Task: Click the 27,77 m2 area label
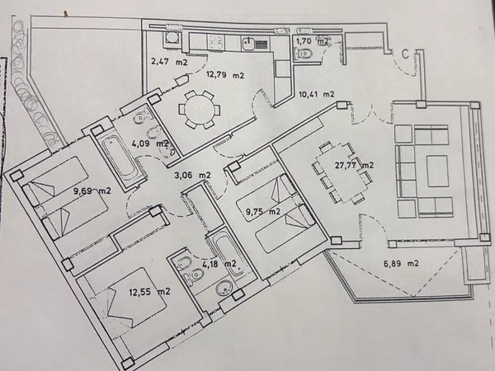coord(354,166)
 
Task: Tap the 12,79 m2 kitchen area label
coord(225,75)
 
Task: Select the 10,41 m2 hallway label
coord(316,94)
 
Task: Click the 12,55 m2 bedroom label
coord(149,291)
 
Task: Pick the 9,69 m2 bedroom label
coord(92,190)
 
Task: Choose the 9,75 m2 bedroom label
coord(263,212)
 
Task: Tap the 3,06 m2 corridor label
coord(192,175)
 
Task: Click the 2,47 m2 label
coord(169,62)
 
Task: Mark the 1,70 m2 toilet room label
coord(312,41)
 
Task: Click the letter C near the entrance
coord(405,54)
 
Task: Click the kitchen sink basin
coord(249,44)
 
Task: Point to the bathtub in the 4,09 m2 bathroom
coord(119,157)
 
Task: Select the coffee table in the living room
coord(437,171)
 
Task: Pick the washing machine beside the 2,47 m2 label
coord(172,39)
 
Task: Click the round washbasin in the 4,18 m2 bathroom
coord(224,288)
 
